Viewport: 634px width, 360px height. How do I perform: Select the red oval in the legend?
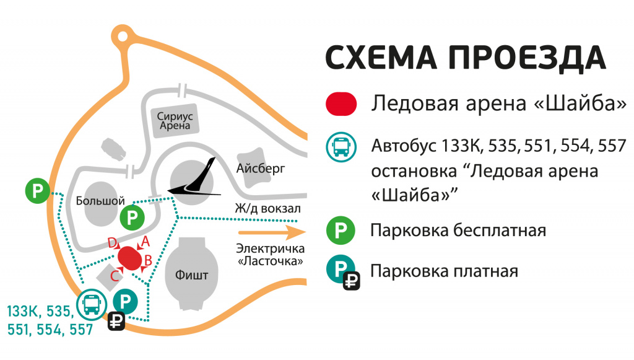(x=341, y=103)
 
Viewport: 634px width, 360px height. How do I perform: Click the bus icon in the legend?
(x=341, y=147)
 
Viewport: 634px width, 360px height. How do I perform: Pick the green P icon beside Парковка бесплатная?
(x=341, y=231)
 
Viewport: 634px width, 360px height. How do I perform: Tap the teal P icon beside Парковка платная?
(x=341, y=269)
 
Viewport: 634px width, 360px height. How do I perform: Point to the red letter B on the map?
(x=149, y=261)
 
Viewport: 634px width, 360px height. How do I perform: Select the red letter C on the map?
(x=115, y=275)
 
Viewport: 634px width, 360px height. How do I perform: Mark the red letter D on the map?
(x=113, y=244)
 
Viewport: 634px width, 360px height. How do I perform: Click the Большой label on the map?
(x=100, y=201)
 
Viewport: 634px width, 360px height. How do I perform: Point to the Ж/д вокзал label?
(x=267, y=208)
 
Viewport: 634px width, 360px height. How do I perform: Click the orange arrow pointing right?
(x=272, y=232)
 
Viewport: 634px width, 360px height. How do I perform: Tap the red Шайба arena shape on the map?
(x=130, y=258)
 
